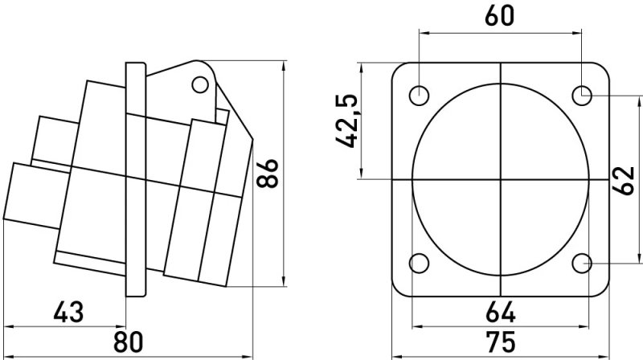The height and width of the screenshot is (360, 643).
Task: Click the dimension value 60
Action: point(499,15)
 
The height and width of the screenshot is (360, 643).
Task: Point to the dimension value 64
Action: point(500,313)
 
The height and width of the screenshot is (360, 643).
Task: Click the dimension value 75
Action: point(500,342)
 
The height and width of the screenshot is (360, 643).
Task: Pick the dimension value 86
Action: point(267,173)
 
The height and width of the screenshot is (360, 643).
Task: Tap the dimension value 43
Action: point(68,312)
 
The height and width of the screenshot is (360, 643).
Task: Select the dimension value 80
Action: point(129,342)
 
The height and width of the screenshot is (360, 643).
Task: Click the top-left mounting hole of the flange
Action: point(419,96)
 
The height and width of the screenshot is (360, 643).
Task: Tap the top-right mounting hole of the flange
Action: point(582,96)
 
